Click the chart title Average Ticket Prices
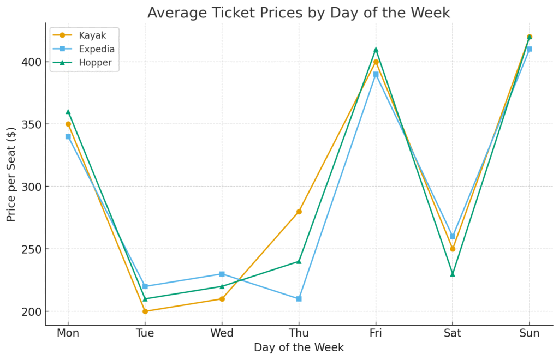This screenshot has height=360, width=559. [x=298, y=13]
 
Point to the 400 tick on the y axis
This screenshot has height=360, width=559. [x=31, y=62]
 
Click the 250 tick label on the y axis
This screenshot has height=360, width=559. [x=31, y=249]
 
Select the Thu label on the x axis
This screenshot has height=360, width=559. [x=299, y=333]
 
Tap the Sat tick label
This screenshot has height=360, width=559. [x=453, y=333]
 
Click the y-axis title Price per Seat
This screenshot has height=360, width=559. [x=11, y=174]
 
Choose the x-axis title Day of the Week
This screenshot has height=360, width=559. [x=299, y=347]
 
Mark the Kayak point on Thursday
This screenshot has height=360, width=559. [x=299, y=212]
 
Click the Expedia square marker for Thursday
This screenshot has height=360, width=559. [x=299, y=299]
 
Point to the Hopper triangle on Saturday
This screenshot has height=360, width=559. [x=453, y=274]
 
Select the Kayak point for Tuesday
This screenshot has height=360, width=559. [x=145, y=311]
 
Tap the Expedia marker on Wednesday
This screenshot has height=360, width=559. [x=222, y=274]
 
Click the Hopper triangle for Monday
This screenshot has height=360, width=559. [x=68, y=112]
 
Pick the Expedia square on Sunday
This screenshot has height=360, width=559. [x=530, y=49]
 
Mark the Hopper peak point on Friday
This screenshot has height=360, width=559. [x=376, y=50]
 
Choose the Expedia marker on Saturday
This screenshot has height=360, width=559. [x=453, y=236]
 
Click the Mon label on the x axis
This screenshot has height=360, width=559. [x=68, y=333]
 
